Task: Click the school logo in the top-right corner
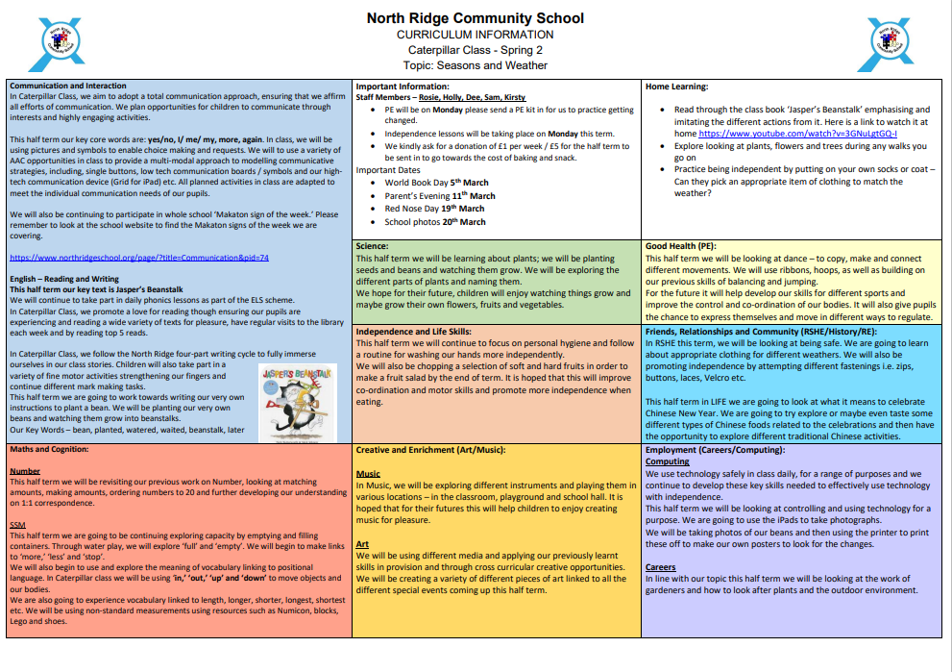click(889, 44)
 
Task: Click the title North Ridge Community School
click(475, 18)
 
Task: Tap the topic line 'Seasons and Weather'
click(475, 65)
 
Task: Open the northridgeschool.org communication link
click(138, 258)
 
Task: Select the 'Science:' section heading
click(372, 246)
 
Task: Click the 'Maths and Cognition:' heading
click(56, 449)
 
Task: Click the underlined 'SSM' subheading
click(18, 524)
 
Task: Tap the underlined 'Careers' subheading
click(661, 567)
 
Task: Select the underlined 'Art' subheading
click(362, 544)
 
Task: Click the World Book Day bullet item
click(436, 183)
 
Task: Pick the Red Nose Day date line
click(434, 209)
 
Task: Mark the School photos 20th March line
click(435, 222)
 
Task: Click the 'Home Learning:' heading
click(676, 87)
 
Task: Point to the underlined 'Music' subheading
click(368, 474)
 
